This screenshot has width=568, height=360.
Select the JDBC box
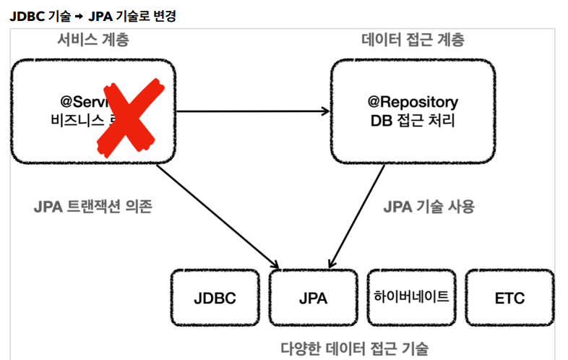coord(215,298)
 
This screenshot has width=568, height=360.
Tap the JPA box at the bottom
coord(313,298)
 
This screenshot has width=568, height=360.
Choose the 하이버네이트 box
coord(411,296)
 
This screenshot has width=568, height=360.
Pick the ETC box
coord(509,298)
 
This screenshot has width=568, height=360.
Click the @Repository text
coord(412,102)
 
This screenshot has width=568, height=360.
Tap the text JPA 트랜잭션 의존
coord(93,207)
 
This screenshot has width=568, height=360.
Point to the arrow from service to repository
coord(253,111)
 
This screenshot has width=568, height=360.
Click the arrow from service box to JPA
coord(217,213)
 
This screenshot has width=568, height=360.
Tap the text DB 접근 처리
coord(412,120)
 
